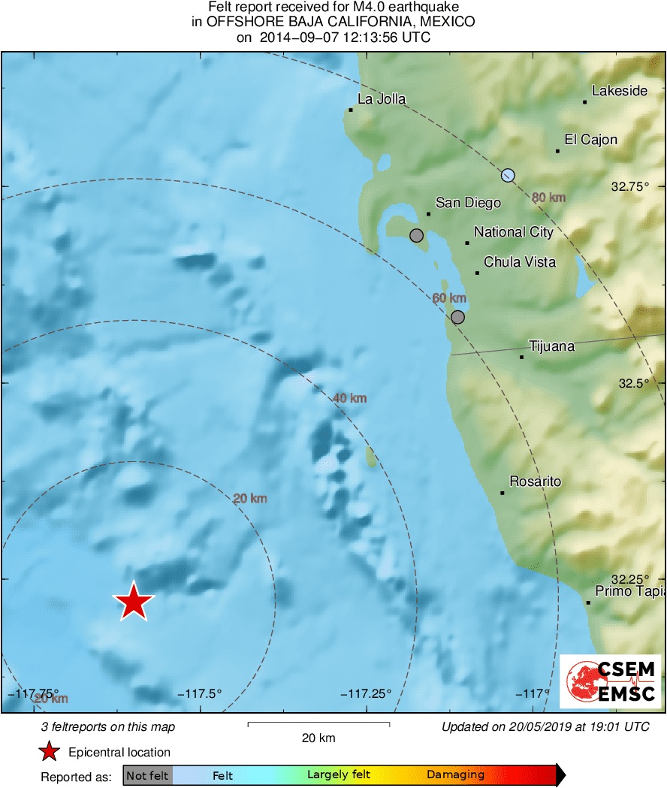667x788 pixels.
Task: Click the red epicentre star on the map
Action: click(x=133, y=602)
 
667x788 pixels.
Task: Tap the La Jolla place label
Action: click(x=382, y=99)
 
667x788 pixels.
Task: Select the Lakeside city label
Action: click(x=619, y=91)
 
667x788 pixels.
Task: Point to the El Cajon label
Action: click(x=591, y=140)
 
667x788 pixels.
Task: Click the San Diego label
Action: click(x=468, y=203)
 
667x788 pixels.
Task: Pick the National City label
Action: click(x=514, y=232)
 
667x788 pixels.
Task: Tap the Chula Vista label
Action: click(x=520, y=262)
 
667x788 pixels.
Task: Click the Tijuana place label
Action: click(x=551, y=346)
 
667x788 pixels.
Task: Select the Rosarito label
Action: click(x=535, y=482)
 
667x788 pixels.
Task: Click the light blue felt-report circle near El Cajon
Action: click(x=509, y=176)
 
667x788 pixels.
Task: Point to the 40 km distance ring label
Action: click(x=349, y=398)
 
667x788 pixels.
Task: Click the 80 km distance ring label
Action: click(x=548, y=198)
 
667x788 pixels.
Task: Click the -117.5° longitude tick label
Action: click(x=200, y=694)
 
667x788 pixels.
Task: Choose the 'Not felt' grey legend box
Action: click(x=148, y=775)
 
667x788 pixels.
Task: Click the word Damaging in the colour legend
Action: click(x=455, y=775)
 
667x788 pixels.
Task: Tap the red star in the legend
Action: click(x=49, y=752)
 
